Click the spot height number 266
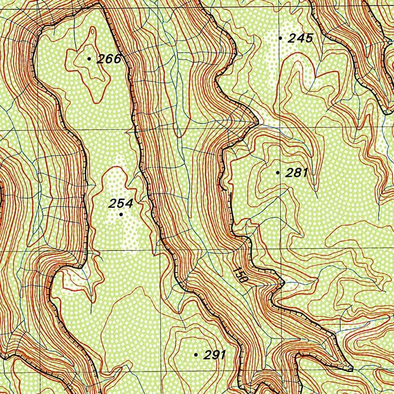click(109, 59)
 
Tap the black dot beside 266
click(89, 59)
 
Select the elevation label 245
click(301, 38)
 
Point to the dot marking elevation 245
click(280, 38)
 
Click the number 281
click(297, 173)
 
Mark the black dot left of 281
click(278, 173)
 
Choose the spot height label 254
click(120, 204)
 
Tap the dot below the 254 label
click(121, 214)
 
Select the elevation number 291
click(214, 355)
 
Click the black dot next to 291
click(196, 355)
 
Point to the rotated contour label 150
click(239, 275)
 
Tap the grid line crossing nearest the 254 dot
click(160, 250)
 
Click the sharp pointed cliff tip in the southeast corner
click(352, 370)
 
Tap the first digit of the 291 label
click(207, 355)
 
